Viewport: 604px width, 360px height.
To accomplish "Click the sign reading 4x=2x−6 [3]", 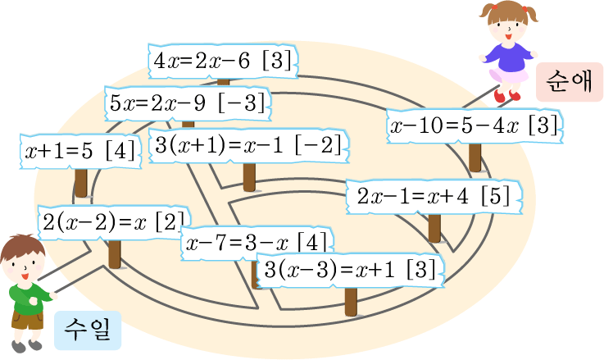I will (222, 61).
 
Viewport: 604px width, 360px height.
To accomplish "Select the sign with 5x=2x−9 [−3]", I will (188, 104).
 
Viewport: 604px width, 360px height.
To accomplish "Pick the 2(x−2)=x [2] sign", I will (112, 221).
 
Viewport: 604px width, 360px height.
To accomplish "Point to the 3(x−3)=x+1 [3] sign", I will (350, 270).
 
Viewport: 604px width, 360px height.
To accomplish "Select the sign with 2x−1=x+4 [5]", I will (434, 198).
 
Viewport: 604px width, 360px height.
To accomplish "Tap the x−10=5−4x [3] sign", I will (475, 127).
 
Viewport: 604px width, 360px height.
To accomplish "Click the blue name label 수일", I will (88, 330).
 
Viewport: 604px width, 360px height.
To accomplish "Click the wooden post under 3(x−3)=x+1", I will (351, 301).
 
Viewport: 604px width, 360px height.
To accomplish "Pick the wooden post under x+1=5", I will (80, 181).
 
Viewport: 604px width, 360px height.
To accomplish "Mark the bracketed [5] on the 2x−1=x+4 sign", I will (496, 198).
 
